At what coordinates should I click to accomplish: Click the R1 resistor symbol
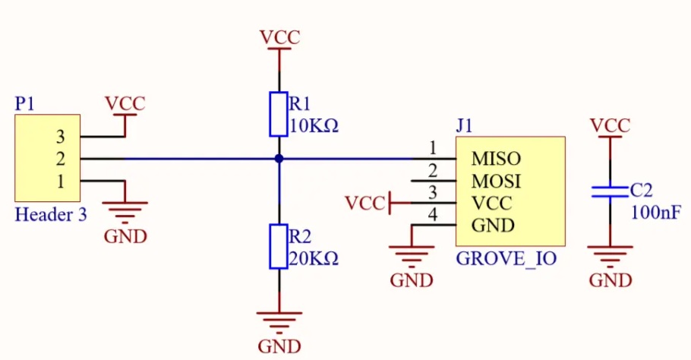279,114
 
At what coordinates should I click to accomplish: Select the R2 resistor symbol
279,246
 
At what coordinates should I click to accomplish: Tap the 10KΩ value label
314,127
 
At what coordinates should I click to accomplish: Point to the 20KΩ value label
314,258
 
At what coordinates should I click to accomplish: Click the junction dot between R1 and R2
279,159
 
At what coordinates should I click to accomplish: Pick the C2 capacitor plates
610,191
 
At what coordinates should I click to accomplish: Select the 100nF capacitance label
656,213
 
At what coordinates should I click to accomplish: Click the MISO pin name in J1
496,159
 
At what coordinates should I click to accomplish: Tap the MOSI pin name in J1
496,181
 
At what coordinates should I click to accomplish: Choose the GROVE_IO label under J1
506,259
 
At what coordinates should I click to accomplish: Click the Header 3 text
51,215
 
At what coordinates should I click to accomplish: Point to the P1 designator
24,103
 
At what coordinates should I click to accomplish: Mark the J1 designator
464,126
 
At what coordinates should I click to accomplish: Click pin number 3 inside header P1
61,137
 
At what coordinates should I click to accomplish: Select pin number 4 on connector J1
433,215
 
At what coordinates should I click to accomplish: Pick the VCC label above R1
279,37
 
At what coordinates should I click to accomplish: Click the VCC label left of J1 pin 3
365,203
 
